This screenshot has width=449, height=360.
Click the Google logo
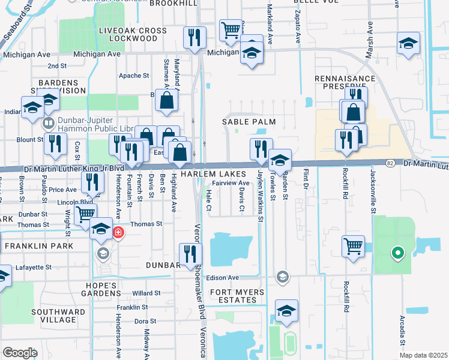pyautogui.click(x=20, y=353)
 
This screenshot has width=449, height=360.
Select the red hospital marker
pyautogui.click(x=118, y=232)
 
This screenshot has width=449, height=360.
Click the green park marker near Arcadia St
pyautogui.click(x=396, y=253)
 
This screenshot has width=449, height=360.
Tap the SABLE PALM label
pyautogui.click(x=249, y=122)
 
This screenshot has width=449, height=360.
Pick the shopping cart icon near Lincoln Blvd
pyautogui.click(x=86, y=213)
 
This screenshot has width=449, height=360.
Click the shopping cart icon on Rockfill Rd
pyautogui.click(x=352, y=245)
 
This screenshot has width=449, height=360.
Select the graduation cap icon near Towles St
pyautogui.click(x=279, y=160)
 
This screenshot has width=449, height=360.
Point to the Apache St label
pyautogui.click(x=134, y=76)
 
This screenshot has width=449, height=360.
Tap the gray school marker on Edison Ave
pyautogui.click(x=282, y=277)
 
